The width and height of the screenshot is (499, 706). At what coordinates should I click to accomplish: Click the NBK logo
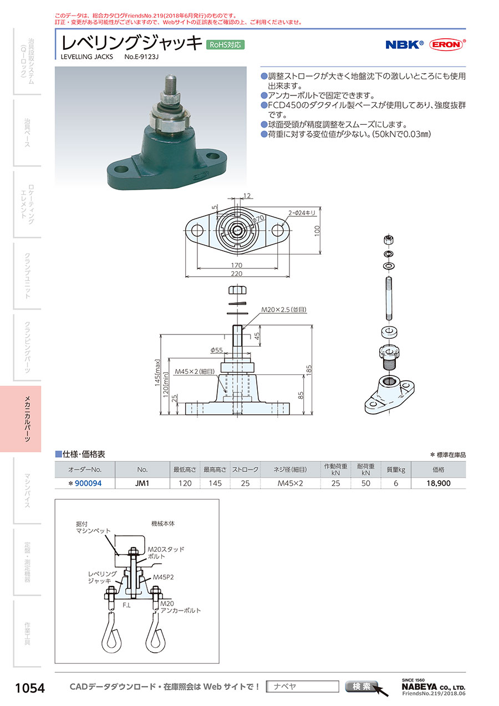click(404, 45)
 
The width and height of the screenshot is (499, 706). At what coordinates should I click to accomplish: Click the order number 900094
click(88, 484)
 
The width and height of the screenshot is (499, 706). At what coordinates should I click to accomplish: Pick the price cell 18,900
click(438, 484)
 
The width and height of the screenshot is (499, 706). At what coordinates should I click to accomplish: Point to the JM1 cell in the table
click(142, 484)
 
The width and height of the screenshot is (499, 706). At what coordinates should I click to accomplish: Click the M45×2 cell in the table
click(291, 484)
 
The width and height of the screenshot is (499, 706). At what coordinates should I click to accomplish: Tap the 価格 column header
click(438, 470)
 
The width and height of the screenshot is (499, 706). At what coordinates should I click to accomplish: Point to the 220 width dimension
click(238, 274)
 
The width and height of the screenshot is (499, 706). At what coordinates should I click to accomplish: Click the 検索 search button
click(361, 687)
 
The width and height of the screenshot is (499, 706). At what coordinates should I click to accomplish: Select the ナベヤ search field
click(302, 687)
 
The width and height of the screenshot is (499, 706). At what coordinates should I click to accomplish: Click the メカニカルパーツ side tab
click(27, 419)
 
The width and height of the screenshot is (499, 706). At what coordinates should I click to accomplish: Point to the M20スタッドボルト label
click(165, 552)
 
